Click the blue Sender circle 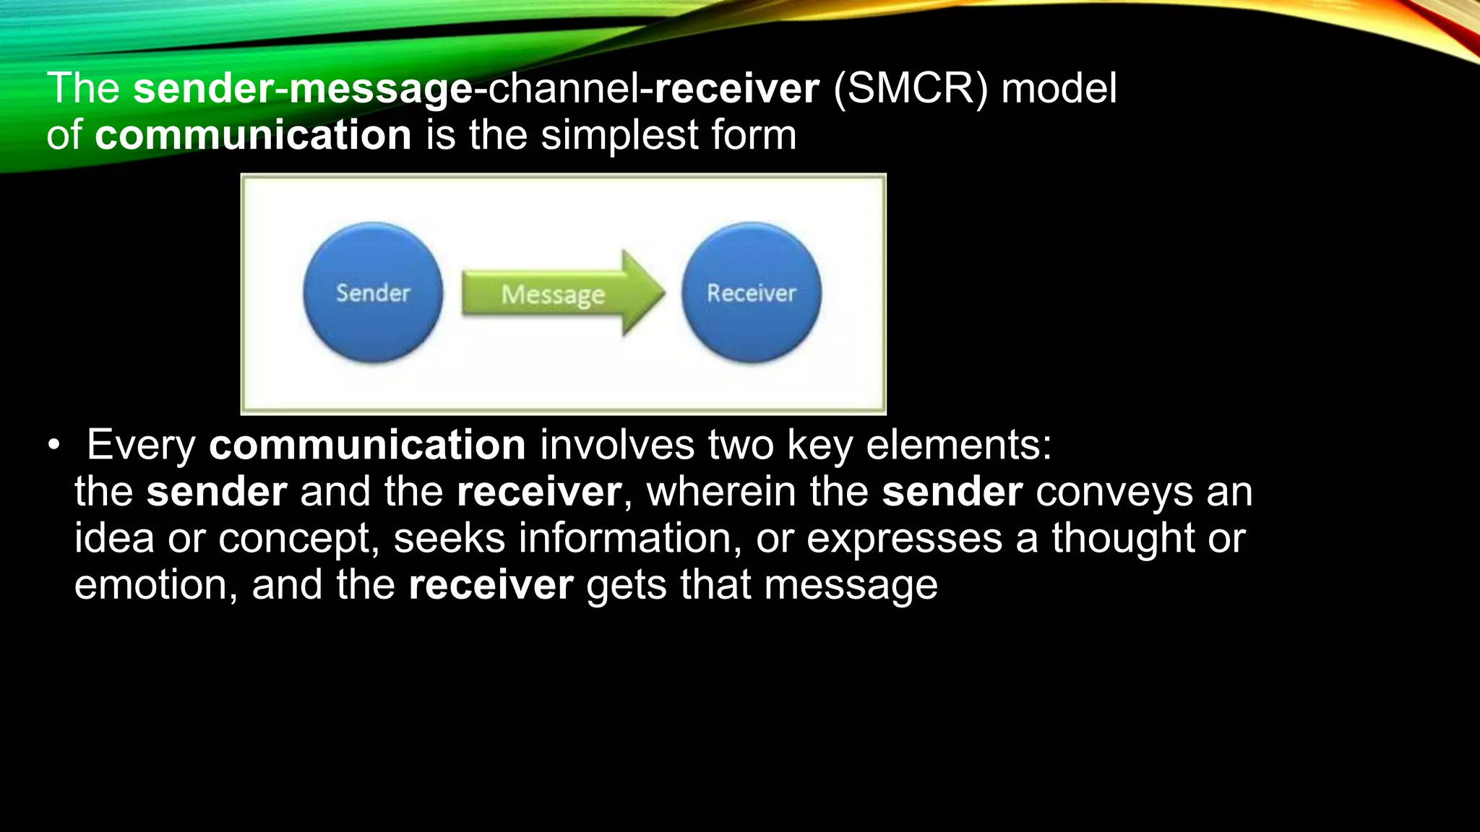tap(372, 292)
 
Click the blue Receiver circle tap(751, 292)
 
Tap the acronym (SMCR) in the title tap(910, 89)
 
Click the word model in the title tap(1059, 89)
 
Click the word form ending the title tap(754, 135)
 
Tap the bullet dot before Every tap(54, 446)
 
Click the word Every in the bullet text tap(141, 446)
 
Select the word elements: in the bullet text tap(959, 445)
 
